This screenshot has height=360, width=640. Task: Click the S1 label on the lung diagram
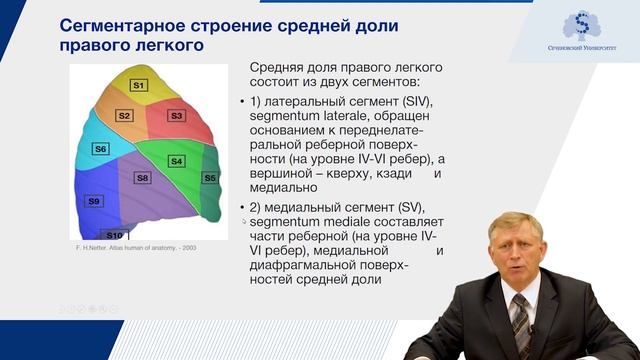(x=140, y=86)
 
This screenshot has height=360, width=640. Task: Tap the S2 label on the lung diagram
(x=124, y=116)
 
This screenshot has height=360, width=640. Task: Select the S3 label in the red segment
(x=176, y=116)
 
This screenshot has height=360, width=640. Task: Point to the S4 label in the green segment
(x=176, y=160)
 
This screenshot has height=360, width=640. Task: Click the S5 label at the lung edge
(x=210, y=178)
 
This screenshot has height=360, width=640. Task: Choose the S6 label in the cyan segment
(x=100, y=149)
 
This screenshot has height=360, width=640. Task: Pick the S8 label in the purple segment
(x=143, y=178)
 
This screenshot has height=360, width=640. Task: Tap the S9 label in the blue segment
(x=94, y=201)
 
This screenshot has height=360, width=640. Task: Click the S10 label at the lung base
(x=114, y=235)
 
